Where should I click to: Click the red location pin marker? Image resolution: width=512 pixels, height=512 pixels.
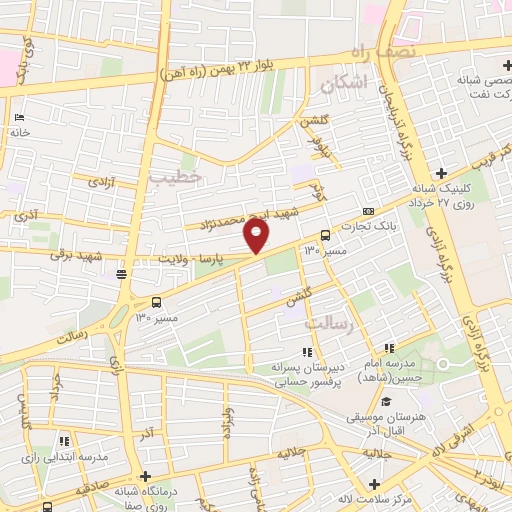pyautogui.click(x=257, y=236)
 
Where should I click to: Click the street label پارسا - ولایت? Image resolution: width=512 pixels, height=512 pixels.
pyautogui.click(x=226, y=258)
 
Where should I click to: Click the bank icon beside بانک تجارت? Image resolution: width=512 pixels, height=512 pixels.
pyautogui.click(x=368, y=211)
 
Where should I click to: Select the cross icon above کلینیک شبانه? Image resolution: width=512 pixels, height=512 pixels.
pyautogui.click(x=441, y=173)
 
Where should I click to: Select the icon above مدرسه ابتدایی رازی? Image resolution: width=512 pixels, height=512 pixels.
pyautogui.click(x=63, y=440)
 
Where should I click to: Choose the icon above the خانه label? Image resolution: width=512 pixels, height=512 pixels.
pyautogui.click(x=20, y=117)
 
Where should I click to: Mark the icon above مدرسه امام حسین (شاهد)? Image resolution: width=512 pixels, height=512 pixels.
pyautogui.click(x=389, y=347)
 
